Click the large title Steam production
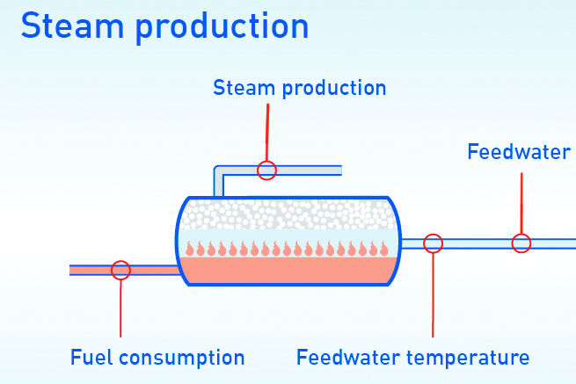[164, 25]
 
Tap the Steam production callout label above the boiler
[299, 88]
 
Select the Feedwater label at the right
[518, 152]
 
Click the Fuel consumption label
[157, 358]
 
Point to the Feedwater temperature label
[412, 358]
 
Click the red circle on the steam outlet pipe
[267, 170]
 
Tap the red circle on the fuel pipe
[121, 270]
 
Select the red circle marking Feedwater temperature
[433, 243]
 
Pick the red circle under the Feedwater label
[521, 243]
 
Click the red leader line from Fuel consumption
[121, 308]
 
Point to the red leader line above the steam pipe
[267, 132]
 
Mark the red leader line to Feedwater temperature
[433, 294]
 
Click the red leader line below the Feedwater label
[521, 202]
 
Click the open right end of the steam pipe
[338, 170]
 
